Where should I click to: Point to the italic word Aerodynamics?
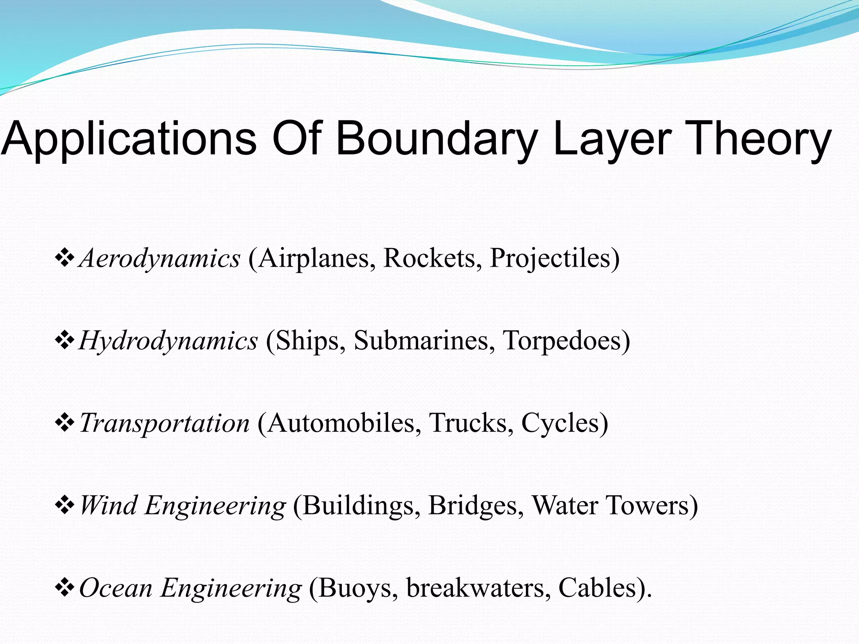(160, 258)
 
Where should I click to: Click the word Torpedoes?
(566, 340)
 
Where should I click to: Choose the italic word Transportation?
(165, 423)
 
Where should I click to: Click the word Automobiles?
(343, 422)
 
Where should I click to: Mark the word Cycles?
(564, 422)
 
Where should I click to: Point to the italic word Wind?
(108, 505)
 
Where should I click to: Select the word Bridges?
(476, 505)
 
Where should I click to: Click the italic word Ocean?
(116, 588)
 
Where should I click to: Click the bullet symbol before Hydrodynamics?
(65, 340)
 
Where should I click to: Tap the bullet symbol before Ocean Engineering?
(65, 587)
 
